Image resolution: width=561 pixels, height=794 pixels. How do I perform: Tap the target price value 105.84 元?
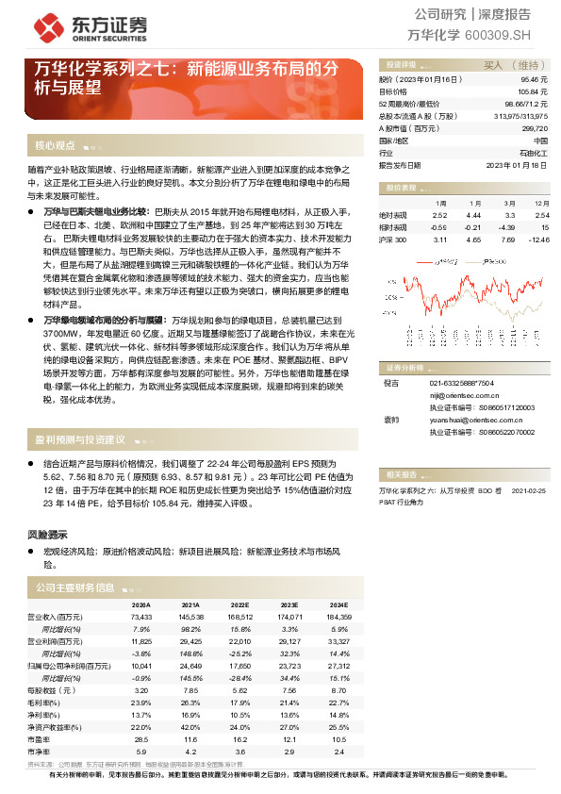(x=534, y=92)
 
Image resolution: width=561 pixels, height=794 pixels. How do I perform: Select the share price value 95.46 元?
(x=535, y=81)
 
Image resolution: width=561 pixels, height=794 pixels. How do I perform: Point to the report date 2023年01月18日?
(x=517, y=164)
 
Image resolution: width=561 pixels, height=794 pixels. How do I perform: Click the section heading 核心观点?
(x=55, y=145)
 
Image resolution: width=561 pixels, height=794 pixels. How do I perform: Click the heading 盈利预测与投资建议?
(x=80, y=439)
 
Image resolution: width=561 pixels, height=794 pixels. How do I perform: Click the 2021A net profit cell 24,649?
(x=190, y=665)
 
